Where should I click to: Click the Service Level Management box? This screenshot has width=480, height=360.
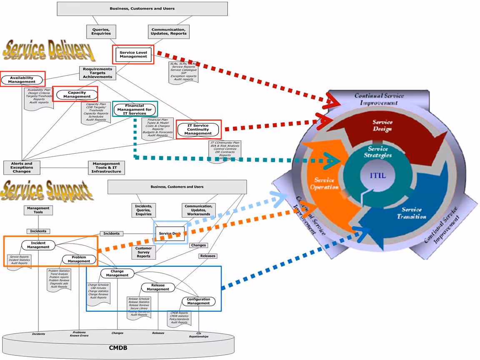(x=133, y=55)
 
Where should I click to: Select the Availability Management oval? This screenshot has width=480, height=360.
(x=22, y=80)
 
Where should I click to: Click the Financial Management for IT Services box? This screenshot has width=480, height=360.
(x=135, y=110)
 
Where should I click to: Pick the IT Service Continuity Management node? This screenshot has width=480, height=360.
(x=198, y=130)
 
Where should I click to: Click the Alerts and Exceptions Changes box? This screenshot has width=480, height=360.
(x=22, y=167)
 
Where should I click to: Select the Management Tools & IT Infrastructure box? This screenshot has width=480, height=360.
(x=106, y=167)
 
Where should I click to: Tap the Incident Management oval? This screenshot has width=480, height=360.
(x=38, y=245)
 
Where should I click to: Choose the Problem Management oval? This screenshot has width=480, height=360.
(x=79, y=259)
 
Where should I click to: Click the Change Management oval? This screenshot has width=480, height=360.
(x=117, y=273)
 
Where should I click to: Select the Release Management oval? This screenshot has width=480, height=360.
(x=158, y=287)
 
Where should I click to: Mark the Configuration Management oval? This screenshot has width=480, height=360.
(x=198, y=301)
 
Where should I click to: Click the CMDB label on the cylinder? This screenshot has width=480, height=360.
(x=118, y=348)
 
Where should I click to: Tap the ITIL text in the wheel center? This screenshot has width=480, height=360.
(x=378, y=175)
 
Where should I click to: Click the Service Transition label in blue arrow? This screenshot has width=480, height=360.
(x=412, y=213)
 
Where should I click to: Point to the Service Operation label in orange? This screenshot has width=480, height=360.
(x=324, y=183)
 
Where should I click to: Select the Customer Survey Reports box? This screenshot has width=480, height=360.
(x=144, y=252)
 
